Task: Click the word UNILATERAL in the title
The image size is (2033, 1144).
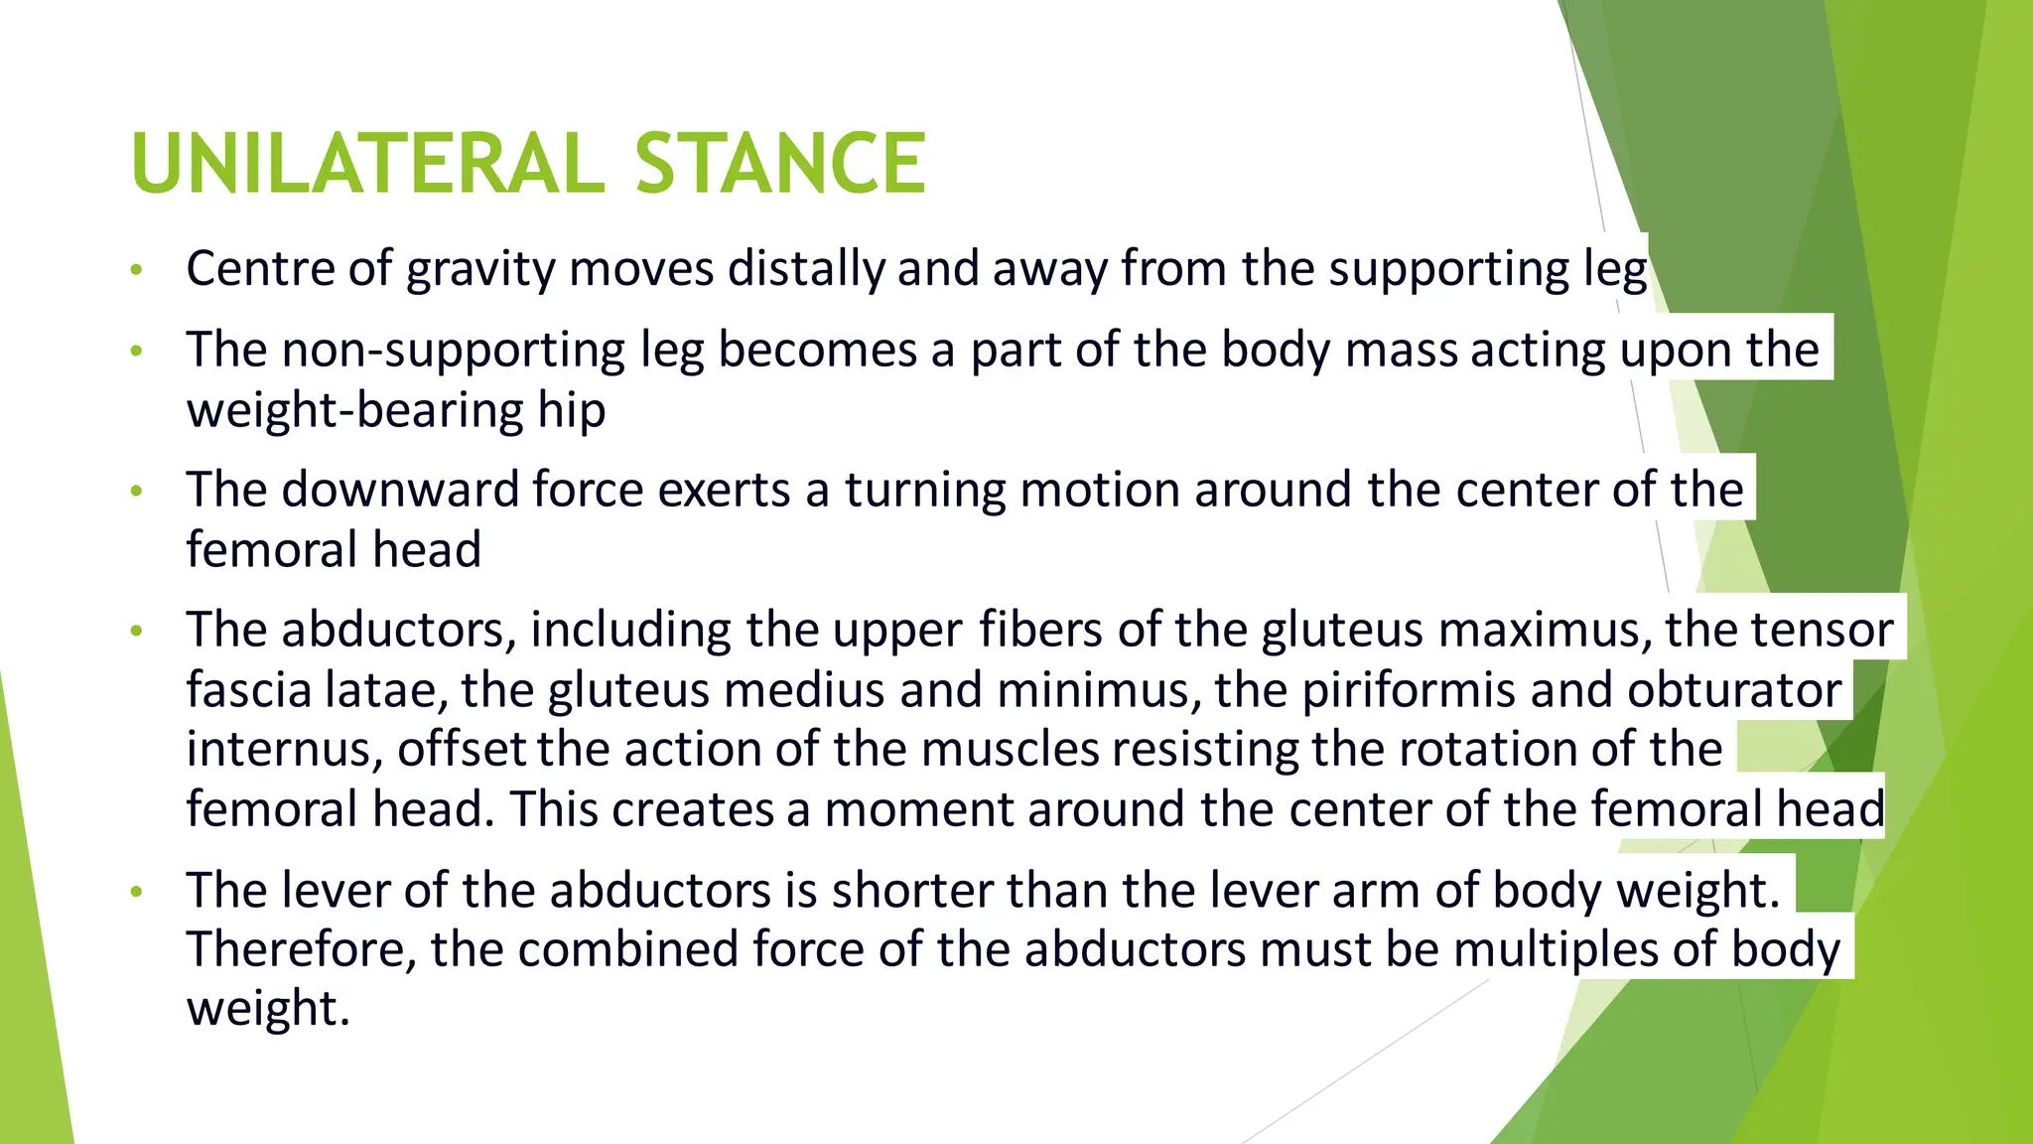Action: [366, 164]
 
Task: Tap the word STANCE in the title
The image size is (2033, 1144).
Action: [779, 164]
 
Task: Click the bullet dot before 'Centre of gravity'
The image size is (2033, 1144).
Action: [137, 270]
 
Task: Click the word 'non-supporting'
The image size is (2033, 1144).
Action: [454, 351]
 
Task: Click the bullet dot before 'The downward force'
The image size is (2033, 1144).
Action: [137, 491]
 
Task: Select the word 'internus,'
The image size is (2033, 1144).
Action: [285, 750]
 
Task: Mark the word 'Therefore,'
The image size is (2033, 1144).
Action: [302, 950]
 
